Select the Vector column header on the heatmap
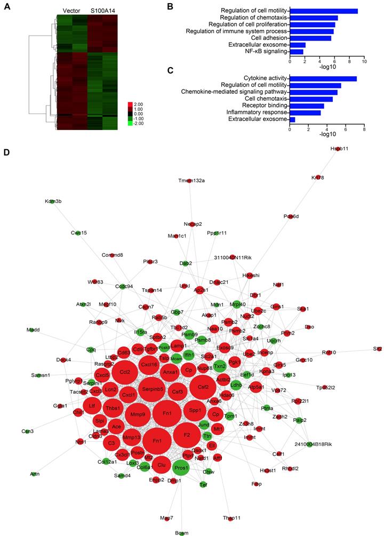point(71,10)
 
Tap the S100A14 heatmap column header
point(102,10)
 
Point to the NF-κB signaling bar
point(297,52)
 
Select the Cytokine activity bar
point(323,78)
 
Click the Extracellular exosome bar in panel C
point(292,119)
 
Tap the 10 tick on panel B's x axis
point(364,62)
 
